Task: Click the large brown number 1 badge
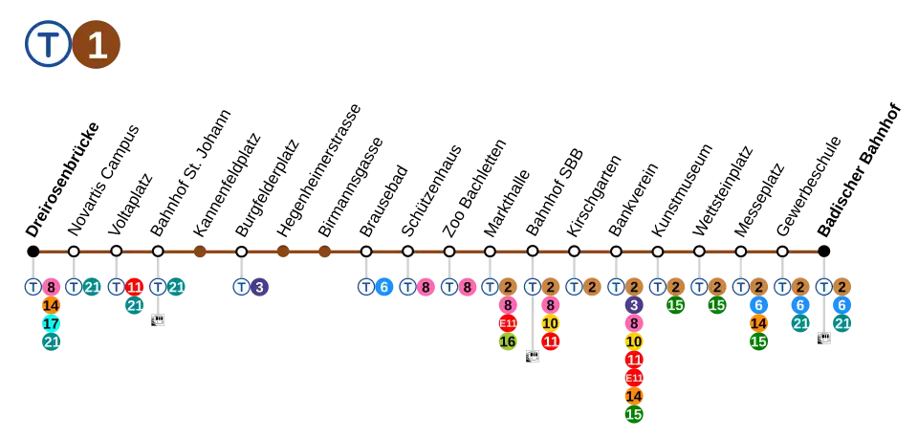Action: click(x=97, y=44)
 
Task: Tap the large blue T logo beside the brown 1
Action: click(x=48, y=44)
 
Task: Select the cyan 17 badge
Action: click(x=52, y=323)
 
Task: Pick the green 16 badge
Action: click(x=508, y=341)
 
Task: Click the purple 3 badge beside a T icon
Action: click(x=259, y=287)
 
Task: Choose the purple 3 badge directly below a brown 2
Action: click(x=633, y=305)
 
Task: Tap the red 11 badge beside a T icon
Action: click(x=135, y=287)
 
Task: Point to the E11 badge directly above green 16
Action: click(x=508, y=323)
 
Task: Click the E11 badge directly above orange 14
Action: click(x=633, y=378)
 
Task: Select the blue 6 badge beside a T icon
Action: click(x=384, y=287)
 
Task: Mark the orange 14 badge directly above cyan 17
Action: click(x=52, y=305)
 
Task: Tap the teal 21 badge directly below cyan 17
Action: click(x=52, y=341)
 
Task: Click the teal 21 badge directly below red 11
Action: click(x=135, y=305)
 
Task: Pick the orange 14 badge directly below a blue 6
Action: click(x=758, y=323)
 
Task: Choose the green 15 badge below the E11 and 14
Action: click(x=633, y=414)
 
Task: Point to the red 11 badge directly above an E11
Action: click(x=633, y=360)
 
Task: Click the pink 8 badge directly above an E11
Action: click(x=508, y=305)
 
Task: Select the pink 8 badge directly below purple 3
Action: click(x=633, y=323)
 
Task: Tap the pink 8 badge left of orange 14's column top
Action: click(x=52, y=287)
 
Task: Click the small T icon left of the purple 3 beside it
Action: click(x=241, y=287)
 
